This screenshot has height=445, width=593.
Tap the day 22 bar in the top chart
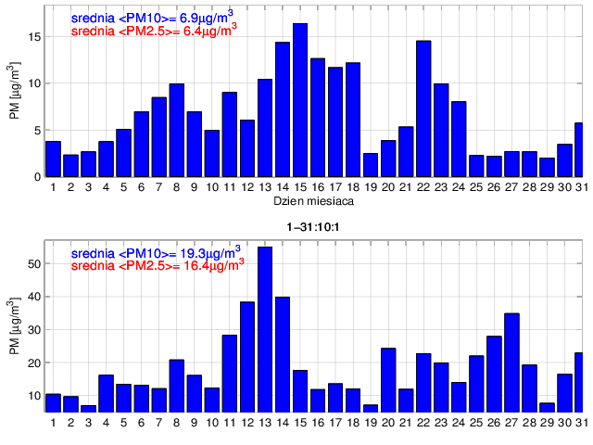pyautogui.click(x=423, y=108)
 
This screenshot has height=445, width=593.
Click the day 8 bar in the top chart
pyautogui.click(x=176, y=130)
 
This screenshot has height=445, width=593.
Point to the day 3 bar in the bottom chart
pyautogui.click(x=88, y=408)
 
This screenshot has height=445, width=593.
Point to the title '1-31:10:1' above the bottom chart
pyautogui.click(x=310, y=226)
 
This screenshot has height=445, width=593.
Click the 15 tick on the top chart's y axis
pyautogui.click(x=33, y=37)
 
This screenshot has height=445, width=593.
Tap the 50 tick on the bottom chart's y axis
pyautogui.click(x=33, y=263)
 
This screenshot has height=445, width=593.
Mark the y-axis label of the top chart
pyautogui.click(x=15, y=92)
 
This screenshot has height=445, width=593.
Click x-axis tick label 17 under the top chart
pyautogui.click(x=335, y=187)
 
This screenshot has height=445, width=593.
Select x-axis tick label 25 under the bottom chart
pyautogui.click(x=476, y=423)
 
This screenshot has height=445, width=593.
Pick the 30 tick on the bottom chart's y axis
pyautogui.click(x=33, y=329)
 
